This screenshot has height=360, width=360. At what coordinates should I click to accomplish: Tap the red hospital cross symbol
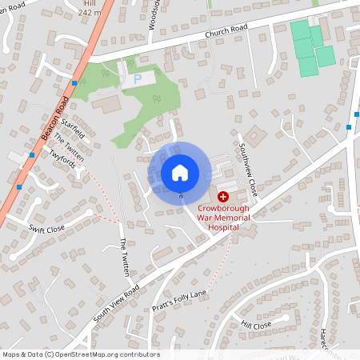(222, 196)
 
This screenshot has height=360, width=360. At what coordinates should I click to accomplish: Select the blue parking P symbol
(137, 79)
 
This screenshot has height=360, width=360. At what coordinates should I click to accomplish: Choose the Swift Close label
(46, 229)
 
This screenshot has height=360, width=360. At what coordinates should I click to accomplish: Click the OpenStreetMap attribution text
(80, 354)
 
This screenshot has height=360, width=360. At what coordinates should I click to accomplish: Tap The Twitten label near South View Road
(125, 258)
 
